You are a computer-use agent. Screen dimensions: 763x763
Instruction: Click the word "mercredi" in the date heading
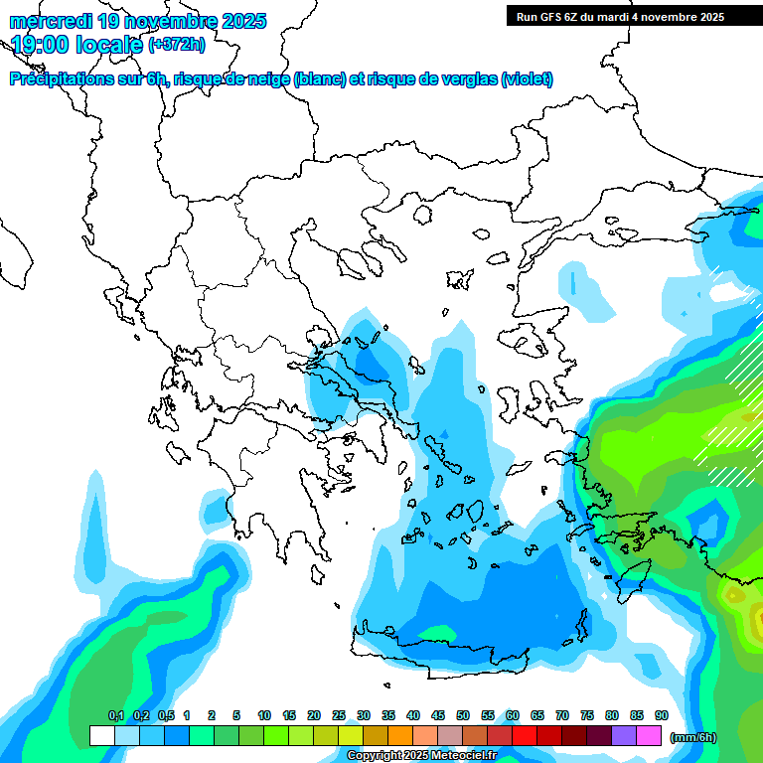[x=46, y=21]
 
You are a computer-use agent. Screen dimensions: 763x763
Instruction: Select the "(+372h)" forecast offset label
[x=176, y=44]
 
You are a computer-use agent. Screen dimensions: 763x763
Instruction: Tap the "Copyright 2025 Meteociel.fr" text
[x=421, y=756]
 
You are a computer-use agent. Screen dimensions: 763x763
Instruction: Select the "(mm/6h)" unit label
[x=692, y=737]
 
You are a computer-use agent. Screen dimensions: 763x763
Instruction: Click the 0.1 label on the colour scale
[x=115, y=716]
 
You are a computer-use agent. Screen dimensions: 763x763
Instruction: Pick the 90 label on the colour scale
[x=662, y=716]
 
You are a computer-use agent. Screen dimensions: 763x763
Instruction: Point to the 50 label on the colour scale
[x=463, y=716]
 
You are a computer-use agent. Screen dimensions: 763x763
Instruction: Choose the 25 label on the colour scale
[x=339, y=716]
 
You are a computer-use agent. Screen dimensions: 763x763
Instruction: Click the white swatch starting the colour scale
[x=101, y=736]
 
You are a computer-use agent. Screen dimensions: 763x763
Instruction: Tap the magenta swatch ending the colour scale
[x=649, y=736]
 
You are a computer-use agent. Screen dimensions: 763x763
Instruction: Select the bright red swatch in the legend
[x=525, y=736]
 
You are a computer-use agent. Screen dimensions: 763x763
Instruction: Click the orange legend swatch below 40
[x=400, y=736]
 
